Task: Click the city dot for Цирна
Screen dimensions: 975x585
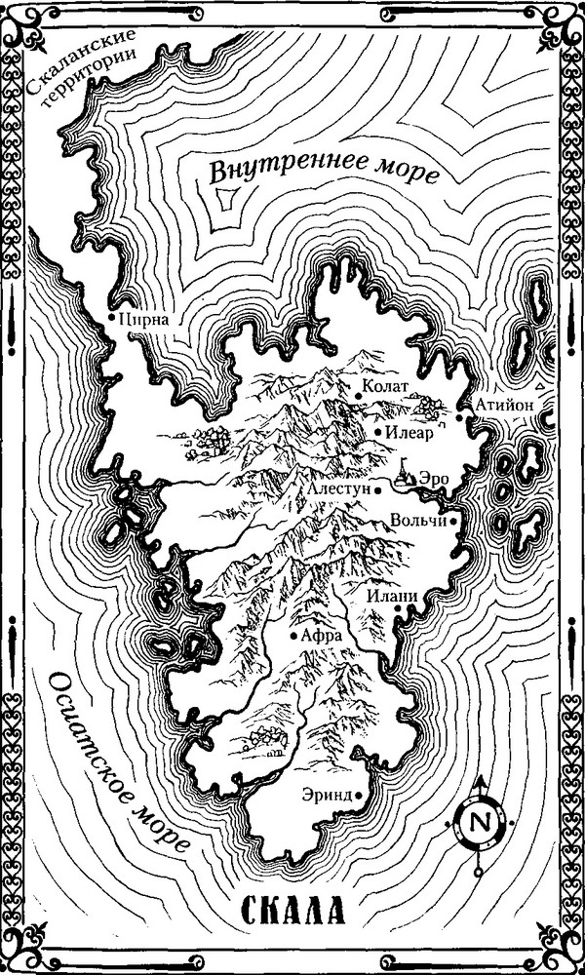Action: [x=112, y=317]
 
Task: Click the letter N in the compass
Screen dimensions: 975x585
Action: [x=479, y=821]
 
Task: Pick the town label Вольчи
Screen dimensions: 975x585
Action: [x=418, y=521]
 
